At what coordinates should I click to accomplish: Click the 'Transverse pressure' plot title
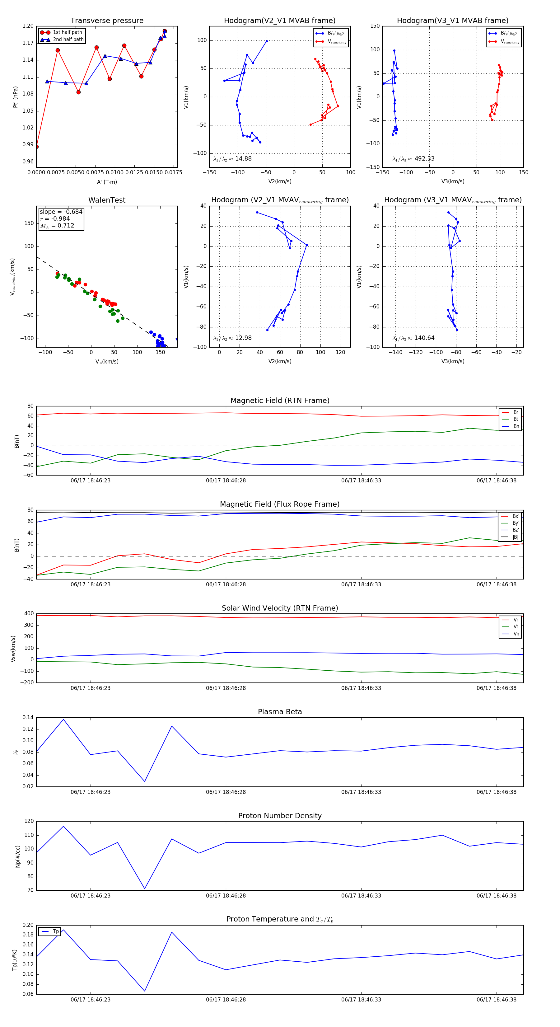click(107, 21)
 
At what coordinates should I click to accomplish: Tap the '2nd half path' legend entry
click(68, 40)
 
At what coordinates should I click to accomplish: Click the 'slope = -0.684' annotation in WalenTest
click(61, 212)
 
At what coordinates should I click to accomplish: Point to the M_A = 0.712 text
click(57, 226)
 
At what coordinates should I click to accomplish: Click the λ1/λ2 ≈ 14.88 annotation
click(232, 159)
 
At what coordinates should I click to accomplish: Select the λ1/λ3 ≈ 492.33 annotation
click(413, 159)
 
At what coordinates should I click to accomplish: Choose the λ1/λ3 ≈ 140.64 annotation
click(413, 338)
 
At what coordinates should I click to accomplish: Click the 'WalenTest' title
click(107, 200)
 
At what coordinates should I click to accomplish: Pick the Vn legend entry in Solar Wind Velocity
click(516, 634)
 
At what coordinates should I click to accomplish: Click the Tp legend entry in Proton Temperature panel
click(55, 931)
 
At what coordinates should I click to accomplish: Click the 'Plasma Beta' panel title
click(280, 712)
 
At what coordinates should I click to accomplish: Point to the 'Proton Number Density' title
click(280, 815)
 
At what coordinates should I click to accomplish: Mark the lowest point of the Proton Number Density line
click(145, 889)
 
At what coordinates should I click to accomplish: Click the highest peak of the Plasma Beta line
click(63, 719)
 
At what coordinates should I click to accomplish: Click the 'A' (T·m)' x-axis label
click(107, 182)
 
